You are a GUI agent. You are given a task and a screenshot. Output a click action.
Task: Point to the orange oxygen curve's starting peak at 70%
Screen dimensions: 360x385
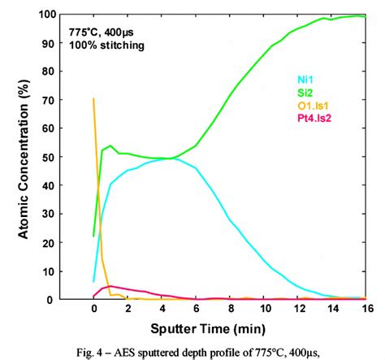click(94, 100)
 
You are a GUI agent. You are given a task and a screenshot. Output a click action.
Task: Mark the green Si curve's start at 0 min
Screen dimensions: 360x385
click(94, 236)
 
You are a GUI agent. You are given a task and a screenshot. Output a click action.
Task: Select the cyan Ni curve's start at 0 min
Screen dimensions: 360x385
click(94, 281)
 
